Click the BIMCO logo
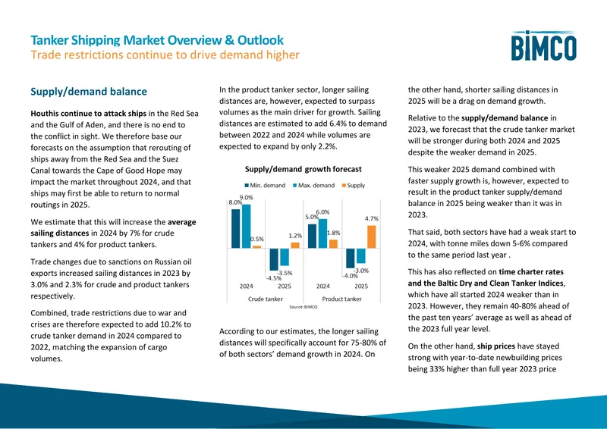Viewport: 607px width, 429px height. pyautogui.click(x=543, y=45)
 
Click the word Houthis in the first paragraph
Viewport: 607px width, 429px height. pyautogui.click(x=45, y=114)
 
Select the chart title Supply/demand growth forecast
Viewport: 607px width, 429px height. pyautogui.click(x=303, y=169)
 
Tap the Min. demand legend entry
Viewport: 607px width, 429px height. pyautogui.click(x=265, y=185)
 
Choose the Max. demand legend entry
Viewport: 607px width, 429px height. pyautogui.click(x=313, y=185)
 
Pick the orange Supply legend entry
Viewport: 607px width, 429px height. pyautogui.click(x=353, y=185)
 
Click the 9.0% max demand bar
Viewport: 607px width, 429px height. pyautogui.click(x=246, y=227)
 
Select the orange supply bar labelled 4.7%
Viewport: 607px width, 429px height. pyautogui.click(x=371, y=236)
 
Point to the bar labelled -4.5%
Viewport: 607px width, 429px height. pyautogui.click(x=274, y=259)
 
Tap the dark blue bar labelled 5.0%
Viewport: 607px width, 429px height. pyautogui.click(x=312, y=236)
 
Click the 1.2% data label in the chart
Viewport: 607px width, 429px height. pyautogui.click(x=295, y=236)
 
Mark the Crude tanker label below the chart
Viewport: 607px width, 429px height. pyautogui.click(x=265, y=299)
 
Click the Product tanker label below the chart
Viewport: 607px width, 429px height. pyautogui.click(x=342, y=299)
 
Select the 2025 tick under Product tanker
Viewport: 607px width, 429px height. pyautogui.click(x=361, y=287)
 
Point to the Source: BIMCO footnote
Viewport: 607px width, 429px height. pyautogui.click(x=303, y=307)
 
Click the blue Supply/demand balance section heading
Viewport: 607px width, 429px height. pyautogui.click(x=89, y=92)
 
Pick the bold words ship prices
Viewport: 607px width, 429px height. pyautogui.click(x=496, y=346)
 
